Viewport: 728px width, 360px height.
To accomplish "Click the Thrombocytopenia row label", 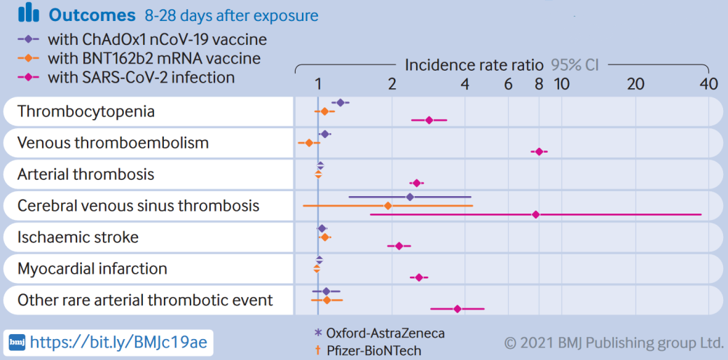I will [86, 112].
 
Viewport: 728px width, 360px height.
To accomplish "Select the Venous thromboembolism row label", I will [113, 143].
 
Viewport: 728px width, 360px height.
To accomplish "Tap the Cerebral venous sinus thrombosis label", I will [138, 206].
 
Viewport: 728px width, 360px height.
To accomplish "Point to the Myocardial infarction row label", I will [92, 269].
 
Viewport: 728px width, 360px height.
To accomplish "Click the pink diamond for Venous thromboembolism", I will [539, 151].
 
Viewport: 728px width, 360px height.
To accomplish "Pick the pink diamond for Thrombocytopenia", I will [429, 120].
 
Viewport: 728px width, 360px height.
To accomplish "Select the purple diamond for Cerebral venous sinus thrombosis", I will [410, 197].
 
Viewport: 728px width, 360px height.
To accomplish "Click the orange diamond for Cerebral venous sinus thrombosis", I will [387, 206].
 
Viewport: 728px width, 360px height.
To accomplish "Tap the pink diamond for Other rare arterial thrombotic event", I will [458, 308].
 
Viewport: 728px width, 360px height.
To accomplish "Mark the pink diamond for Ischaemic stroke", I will [399, 246].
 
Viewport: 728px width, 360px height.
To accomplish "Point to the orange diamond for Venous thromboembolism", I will [309, 143].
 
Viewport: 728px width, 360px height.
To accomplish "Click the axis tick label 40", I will [708, 84].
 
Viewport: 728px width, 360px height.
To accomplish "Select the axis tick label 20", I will [635, 84].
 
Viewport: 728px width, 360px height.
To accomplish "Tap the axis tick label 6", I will [508, 84].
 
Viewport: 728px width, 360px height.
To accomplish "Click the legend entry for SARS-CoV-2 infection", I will [141, 78].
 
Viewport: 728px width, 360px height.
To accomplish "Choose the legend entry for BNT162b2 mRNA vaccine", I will [153, 59].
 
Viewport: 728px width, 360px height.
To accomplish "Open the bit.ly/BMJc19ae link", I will [118, 342].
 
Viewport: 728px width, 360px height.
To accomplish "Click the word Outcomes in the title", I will [92, 15].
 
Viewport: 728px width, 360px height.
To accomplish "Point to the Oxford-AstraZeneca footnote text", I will [385, 333].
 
